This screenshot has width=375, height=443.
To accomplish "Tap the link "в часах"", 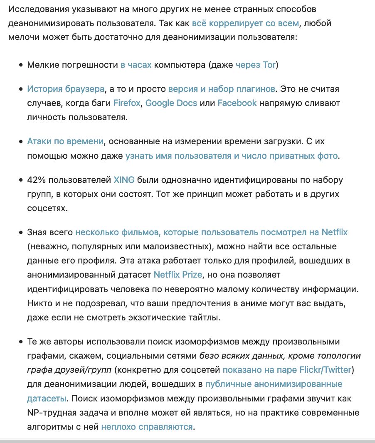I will (136, 65).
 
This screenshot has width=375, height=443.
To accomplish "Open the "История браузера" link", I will (66, 89).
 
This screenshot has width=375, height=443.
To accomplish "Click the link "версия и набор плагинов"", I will (222, 89).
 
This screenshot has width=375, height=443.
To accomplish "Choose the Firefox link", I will (127, 103).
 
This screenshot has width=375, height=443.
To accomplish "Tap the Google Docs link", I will (171, 103).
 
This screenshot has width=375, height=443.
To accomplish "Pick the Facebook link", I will (237, 103).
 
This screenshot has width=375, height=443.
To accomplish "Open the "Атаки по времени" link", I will (65, 141).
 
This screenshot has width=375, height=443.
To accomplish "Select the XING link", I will (123, 180).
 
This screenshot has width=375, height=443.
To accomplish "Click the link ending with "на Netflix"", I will (211, 232).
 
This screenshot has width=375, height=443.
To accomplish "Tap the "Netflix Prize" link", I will (178, 275).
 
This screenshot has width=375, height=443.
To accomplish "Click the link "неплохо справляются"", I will (147, 426).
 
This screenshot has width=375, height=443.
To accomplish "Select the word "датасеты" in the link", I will (47, 398).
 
